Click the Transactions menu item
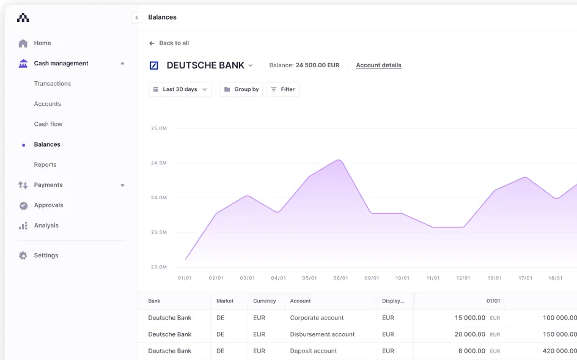pos(53,84)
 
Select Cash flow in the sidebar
pos(48,124)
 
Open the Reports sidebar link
pos(45,164)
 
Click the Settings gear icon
pos(23,255)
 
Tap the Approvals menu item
pos(48,205)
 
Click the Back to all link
pos(169,43)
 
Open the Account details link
pos(378,65)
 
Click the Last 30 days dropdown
pos(180,89)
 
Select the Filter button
pos(283,89)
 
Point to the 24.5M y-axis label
pos(159,163)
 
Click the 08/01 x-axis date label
pos(340,278)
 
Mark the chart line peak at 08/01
pos(340,160)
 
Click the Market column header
pos(225,301)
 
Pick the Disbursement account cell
pos(322,334)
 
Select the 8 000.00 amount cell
pos(471,351)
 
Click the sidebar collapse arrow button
pos(136,18)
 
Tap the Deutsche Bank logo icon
pos(154,65)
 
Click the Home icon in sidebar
pos(23,43)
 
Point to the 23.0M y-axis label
pos(159,267)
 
